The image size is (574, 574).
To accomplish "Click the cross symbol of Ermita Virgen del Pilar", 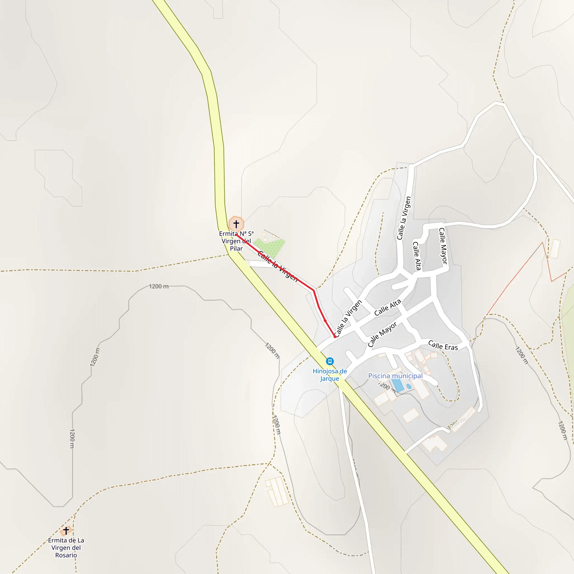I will click(x=236, y=224).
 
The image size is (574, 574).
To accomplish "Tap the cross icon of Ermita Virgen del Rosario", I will click(x=66, y=531).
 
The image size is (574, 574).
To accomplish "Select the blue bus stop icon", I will click(x=330, y=361).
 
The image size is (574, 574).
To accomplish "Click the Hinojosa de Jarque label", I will click(x=330, y=375).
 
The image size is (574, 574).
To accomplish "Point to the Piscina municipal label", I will click(x=395, y=376).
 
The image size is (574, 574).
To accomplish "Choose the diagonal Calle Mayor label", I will click(x=382, y=335).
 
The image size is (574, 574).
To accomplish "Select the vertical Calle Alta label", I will click(x=417, y=256).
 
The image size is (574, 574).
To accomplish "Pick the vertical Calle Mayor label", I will click(x=443, y=246).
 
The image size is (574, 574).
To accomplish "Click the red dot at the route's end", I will click(x=335, y=337).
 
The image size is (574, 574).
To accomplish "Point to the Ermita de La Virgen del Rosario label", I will click(x=66, y=548).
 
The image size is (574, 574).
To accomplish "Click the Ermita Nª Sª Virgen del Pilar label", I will click(x=236, y=241).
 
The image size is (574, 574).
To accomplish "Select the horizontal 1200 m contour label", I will click(x=159, y=286).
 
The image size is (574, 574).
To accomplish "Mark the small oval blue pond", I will click(x=409, y=386).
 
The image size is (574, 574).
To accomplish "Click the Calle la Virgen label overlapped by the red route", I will click(x=277, y=266).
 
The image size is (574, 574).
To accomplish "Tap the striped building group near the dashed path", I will click(x=277, y=492).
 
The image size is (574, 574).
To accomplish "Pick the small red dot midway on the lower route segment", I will click(x=325, y=321).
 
